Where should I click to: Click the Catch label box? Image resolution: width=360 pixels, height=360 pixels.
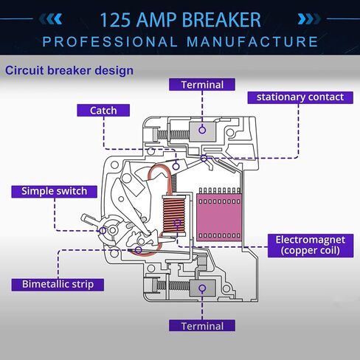coord(103,111)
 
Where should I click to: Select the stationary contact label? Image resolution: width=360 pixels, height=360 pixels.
coord(300,97)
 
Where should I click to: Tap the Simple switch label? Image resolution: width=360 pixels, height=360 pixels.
coord(54,192)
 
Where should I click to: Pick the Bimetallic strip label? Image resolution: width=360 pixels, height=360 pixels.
coord(58,285)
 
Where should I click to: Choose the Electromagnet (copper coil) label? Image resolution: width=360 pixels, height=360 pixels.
coord(311,246)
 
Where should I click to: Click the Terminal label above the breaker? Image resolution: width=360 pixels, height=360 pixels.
coord(202,85)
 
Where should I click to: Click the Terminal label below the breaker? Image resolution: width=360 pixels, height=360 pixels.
coord(202,326)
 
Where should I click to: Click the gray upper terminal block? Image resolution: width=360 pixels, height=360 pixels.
coord(203,131)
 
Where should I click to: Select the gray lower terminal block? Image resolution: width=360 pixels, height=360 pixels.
coord(203,288)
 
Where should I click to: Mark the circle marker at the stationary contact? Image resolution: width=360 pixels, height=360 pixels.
coord(204,159)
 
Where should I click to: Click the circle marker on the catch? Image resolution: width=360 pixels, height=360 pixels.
coord(176,167)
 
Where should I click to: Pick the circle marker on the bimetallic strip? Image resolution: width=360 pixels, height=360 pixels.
coord(139,250)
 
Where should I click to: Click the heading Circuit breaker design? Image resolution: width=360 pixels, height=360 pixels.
coord(69,71)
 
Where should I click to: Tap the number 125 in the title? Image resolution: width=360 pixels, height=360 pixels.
coord(115,20)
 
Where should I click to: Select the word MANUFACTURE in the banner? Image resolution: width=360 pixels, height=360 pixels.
coord(252,41)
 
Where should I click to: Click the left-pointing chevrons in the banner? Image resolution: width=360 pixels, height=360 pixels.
coord(51,19)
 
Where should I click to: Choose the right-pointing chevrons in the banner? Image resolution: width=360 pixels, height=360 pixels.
coord(309,19)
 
